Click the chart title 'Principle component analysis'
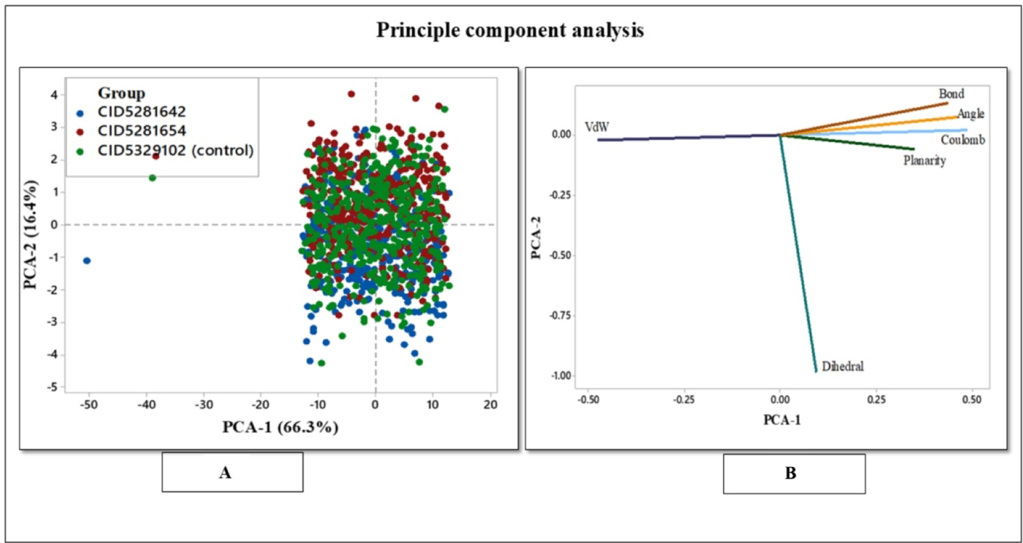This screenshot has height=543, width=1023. point(510,30)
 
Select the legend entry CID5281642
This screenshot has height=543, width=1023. point(141,112)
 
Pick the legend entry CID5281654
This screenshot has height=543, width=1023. point(141,131)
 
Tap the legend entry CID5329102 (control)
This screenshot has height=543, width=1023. point(175,151)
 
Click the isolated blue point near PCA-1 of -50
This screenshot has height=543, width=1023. point(87,261)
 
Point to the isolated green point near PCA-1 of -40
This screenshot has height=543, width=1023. point(152,178)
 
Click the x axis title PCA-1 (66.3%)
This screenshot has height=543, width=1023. point(280,427)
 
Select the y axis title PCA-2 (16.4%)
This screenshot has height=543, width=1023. point(31,235)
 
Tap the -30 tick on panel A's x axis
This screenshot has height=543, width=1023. point(203,404)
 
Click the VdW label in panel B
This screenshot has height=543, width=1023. point(597,127)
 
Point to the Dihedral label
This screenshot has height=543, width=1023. point(842,366)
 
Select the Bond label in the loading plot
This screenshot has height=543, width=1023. point(951,94)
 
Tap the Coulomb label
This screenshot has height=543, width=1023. point(962,140)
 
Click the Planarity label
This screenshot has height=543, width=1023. point(924,160)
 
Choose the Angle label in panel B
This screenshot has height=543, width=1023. point(970,114)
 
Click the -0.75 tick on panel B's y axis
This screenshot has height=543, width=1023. point(560,315)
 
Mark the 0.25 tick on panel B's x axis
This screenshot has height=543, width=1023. point(876,400)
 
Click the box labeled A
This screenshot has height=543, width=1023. point(232,472)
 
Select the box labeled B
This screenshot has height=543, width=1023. point(793,473)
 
